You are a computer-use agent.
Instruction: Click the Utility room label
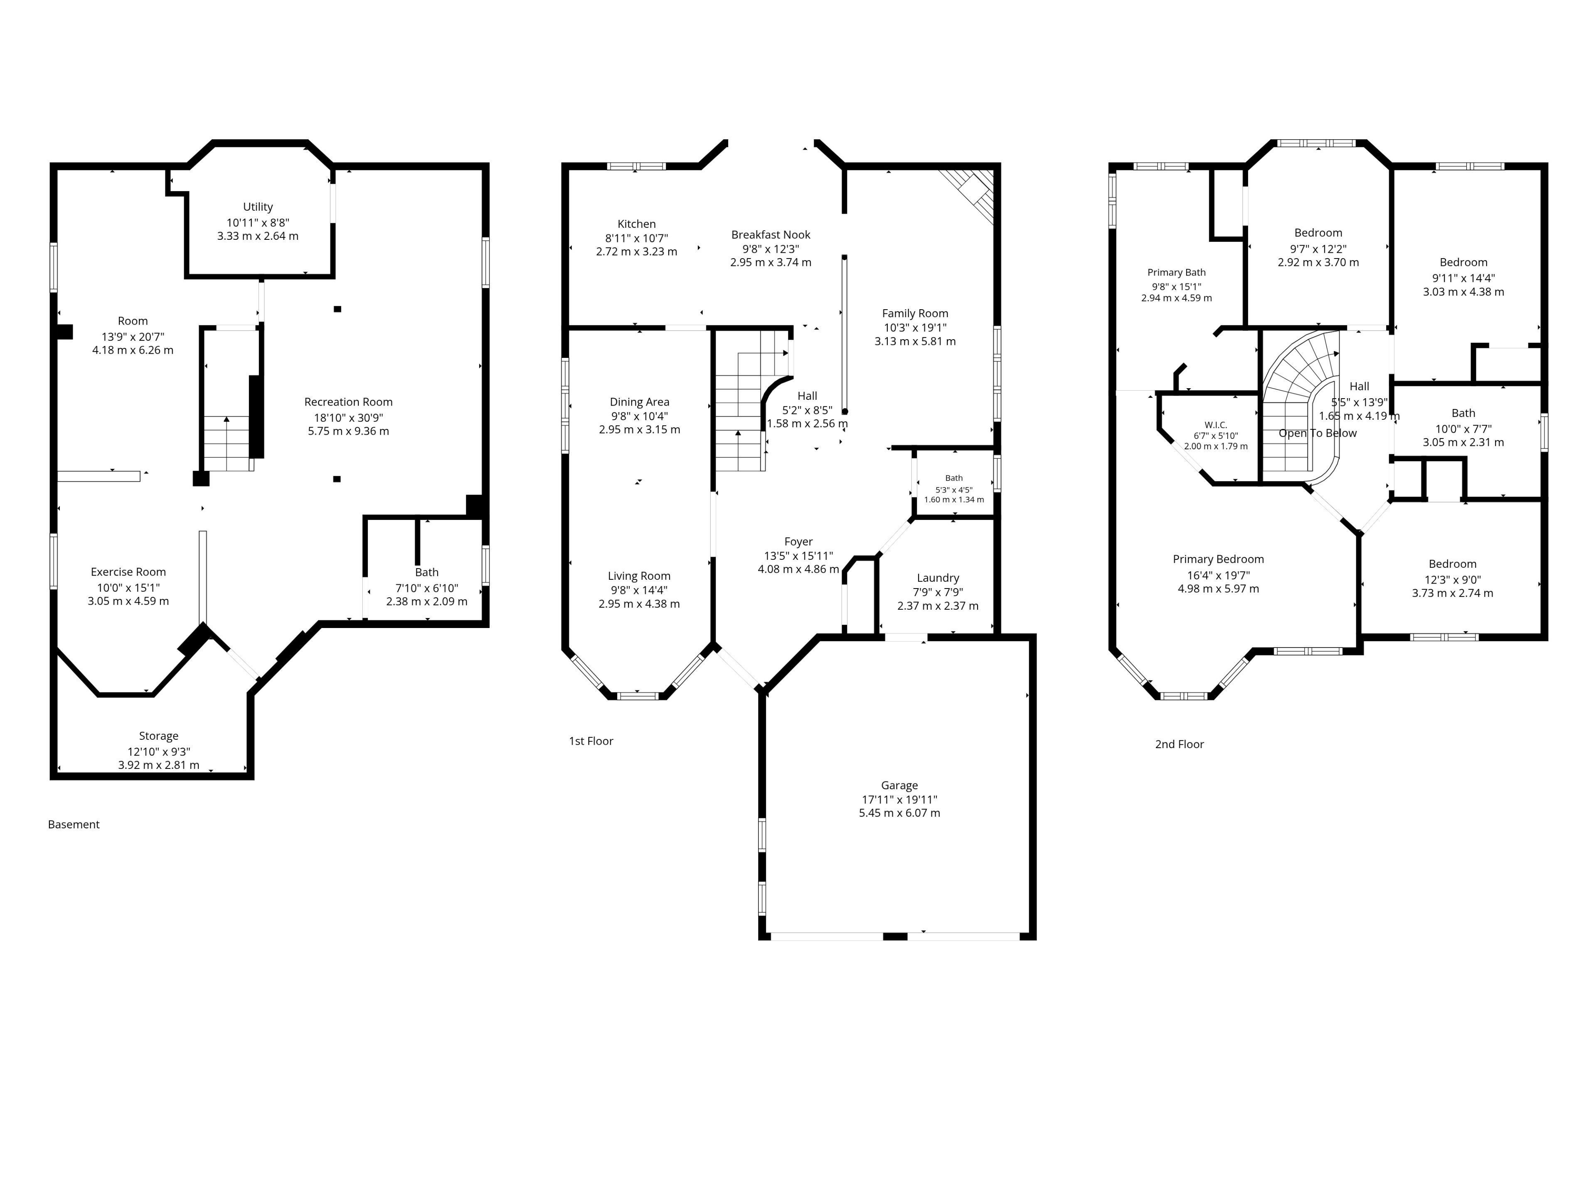coord(258,207)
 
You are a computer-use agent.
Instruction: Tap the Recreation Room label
coord(348,402)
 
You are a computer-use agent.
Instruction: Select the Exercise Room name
coord(128,572)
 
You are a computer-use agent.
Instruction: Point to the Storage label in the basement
coord(159,736)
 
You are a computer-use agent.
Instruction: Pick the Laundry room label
coord(938,578)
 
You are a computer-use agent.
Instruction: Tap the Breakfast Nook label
coord(771,234)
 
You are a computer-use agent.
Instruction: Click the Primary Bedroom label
coord(1219,559)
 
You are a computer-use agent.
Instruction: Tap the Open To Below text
coord(1318,433)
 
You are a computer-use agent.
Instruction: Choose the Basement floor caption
coord(74,825)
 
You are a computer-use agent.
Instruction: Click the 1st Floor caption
coord(591,741)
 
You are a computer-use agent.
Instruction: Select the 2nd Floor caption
coord(1180,745)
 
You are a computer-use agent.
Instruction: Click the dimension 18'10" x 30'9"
coord(348,418)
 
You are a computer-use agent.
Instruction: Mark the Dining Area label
coord(639,402)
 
